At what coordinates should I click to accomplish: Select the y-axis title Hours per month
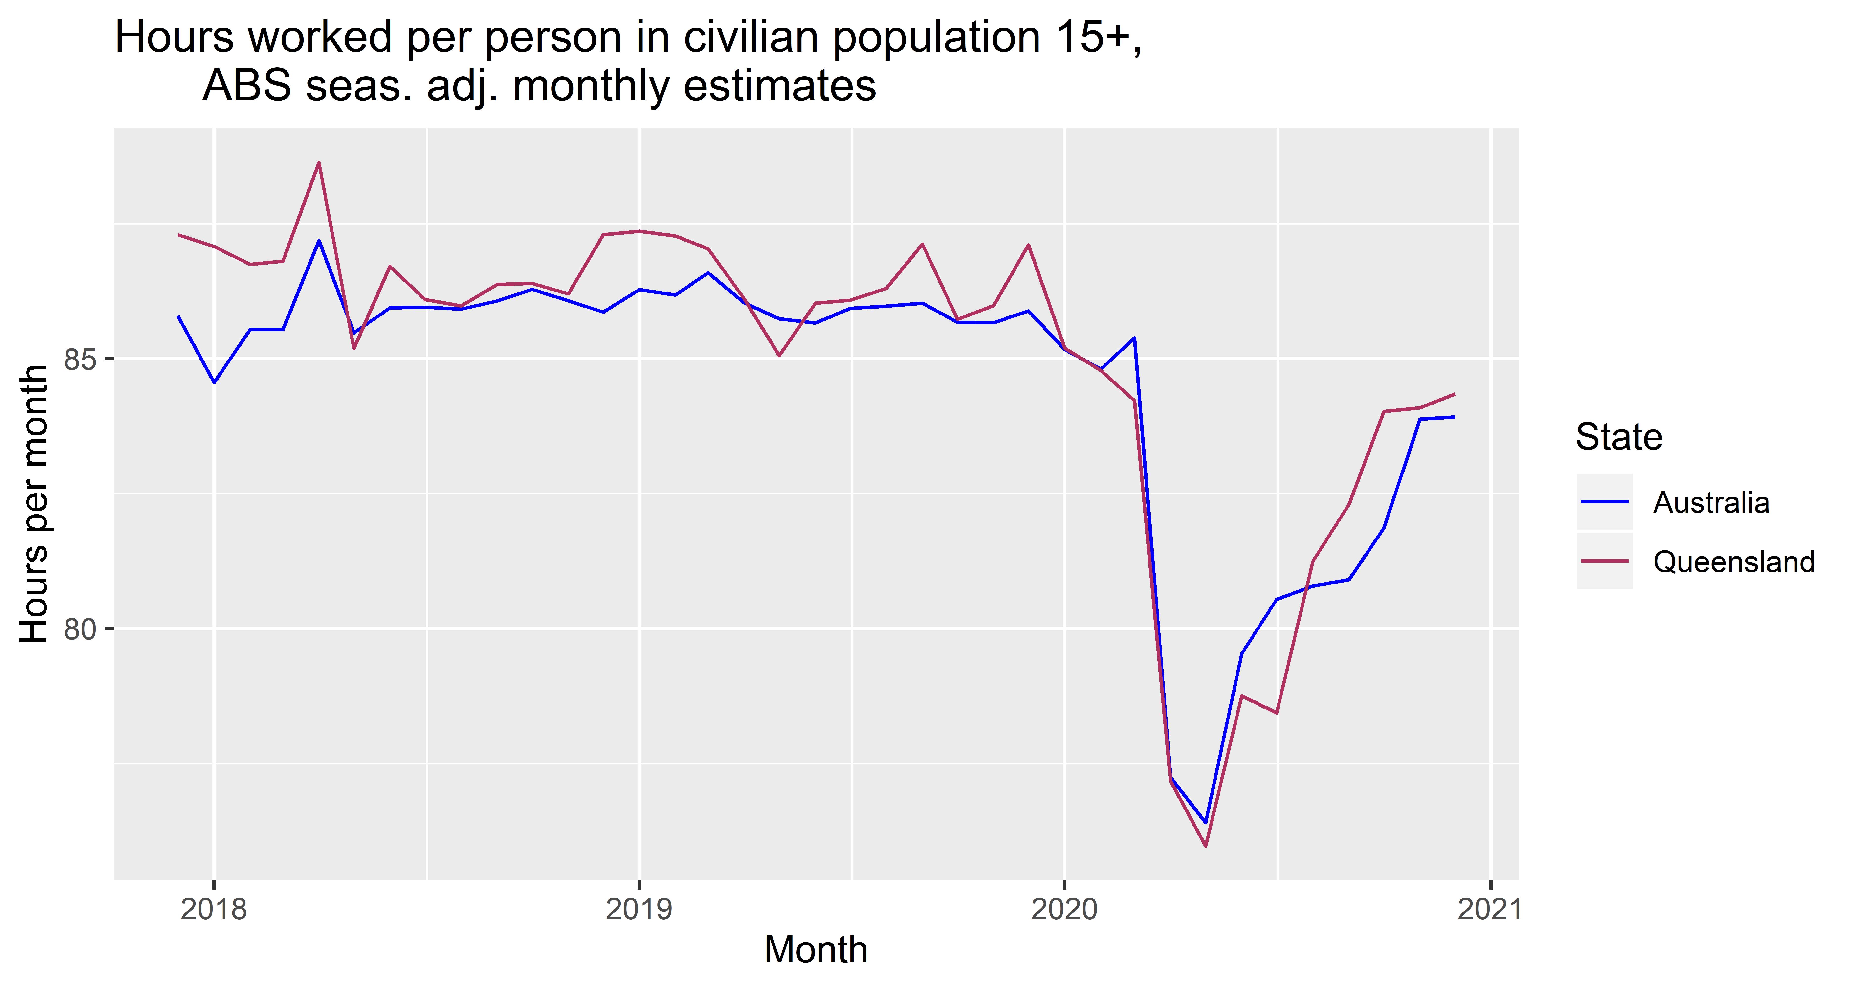(x=35, y=504)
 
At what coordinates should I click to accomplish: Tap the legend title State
(x=1619, y=437)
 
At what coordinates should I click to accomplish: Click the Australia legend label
(x=1711, y=502)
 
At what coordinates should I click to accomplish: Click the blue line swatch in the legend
(x=1604, y=502)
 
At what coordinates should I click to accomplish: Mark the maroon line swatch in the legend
(x=1604, y=562)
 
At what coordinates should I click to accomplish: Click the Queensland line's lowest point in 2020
(x=1206, y=846)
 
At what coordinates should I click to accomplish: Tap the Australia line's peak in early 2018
(x=319, y=240)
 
